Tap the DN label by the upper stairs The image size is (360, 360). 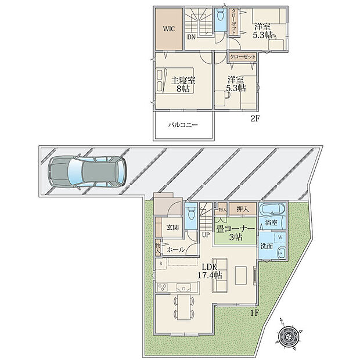190,38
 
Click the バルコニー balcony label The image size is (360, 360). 183,125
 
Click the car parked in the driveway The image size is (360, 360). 87,172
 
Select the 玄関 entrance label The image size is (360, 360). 172,228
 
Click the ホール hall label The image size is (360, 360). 175,250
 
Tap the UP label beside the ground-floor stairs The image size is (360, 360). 206,235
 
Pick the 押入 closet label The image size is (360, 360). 242,209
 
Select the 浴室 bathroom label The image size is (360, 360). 271,222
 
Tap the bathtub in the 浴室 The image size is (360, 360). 273,210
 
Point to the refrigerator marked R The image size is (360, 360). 161,263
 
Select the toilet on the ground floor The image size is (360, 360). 192,211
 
